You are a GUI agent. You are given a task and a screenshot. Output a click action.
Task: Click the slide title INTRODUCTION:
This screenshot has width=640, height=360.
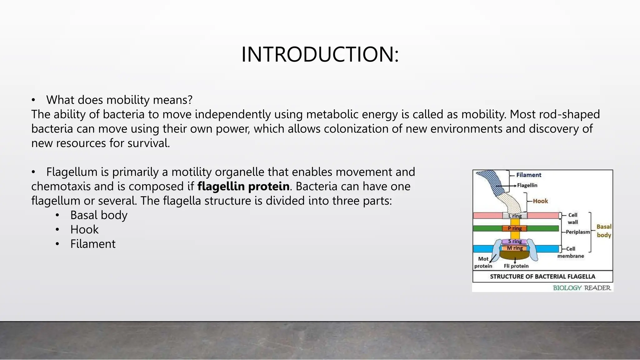320,55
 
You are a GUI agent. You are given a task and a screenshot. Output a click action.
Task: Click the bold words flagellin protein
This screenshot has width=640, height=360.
243,186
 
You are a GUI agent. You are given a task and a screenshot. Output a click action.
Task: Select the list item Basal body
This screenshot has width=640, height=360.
98,215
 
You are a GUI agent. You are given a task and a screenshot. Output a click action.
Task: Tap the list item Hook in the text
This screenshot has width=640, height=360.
84,229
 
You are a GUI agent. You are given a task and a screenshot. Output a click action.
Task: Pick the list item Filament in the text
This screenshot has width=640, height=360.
92,244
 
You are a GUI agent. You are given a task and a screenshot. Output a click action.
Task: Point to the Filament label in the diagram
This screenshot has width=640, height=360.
528,175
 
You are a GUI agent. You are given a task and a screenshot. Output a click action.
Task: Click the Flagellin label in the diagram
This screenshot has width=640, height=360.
527,185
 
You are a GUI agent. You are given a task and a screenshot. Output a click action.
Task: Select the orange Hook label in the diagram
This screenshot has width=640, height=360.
540,201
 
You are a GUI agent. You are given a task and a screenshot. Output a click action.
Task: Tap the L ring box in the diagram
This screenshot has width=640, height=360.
515,216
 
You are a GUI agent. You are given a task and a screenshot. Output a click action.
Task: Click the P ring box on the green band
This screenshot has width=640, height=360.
515,228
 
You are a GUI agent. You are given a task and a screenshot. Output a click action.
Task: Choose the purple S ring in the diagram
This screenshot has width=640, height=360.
515,241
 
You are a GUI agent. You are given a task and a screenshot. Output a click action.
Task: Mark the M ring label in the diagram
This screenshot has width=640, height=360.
515,248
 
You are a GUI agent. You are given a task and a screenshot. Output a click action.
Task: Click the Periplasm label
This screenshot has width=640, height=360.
577,232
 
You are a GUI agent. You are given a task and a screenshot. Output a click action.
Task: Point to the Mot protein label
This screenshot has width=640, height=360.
483,262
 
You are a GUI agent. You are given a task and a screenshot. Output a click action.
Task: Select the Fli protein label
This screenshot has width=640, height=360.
516,266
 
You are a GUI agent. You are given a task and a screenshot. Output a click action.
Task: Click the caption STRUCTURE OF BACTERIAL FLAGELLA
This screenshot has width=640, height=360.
542,277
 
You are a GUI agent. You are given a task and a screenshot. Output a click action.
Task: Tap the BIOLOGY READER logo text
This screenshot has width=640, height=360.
582,288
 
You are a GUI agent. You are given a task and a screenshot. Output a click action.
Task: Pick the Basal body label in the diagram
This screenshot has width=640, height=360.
604,231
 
